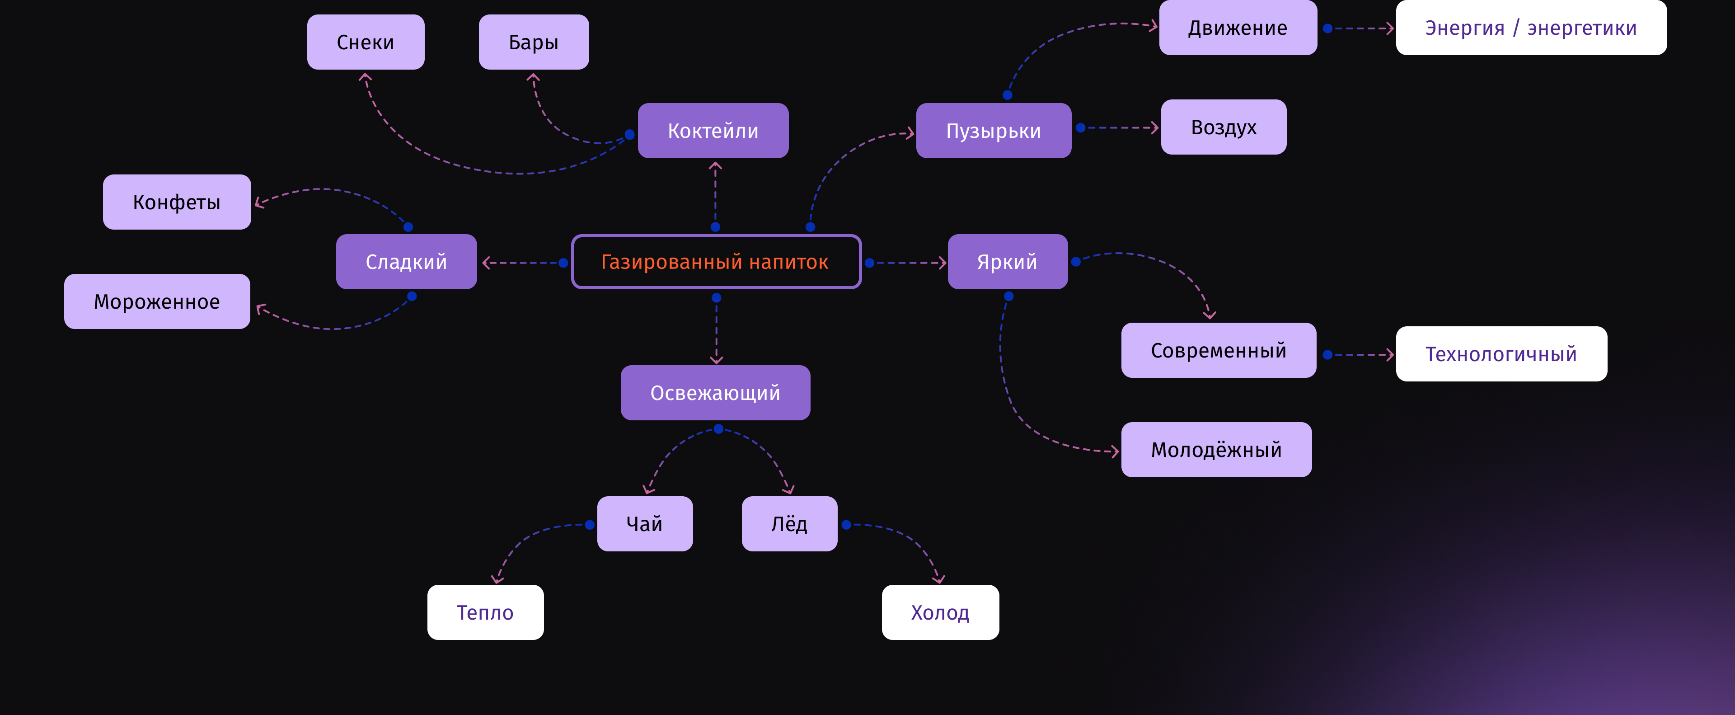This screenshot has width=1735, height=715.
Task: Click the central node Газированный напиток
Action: (715, 262)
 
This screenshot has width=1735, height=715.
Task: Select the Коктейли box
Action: (713, 131)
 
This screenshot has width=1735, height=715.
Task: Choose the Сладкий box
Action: (406, 262)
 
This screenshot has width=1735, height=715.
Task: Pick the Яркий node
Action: (1007, 262)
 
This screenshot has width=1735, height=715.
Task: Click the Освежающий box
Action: (715, 393)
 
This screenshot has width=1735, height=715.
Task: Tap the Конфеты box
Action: (177, 202)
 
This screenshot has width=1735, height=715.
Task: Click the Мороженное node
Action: (157, 301)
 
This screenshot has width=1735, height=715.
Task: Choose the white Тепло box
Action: (485, 612)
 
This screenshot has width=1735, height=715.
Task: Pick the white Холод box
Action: (940, 612)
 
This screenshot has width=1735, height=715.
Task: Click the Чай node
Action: (645, 524)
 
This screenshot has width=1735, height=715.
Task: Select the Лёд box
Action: (789, 524)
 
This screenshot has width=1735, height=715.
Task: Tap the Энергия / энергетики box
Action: (1530, 28)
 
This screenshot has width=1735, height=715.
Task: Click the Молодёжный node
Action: (1216, 450)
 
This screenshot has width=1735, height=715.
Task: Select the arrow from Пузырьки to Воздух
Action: (1118, 127)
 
